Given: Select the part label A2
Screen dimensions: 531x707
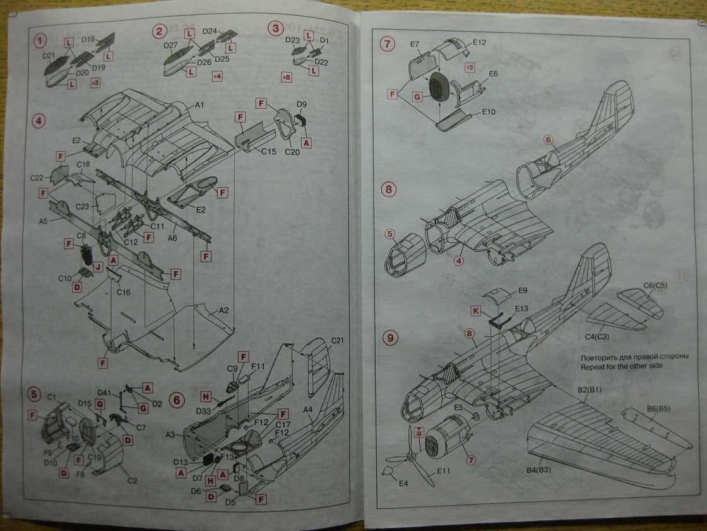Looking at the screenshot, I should (x=225, y=311).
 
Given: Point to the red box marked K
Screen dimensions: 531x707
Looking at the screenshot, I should (x=476, y=310).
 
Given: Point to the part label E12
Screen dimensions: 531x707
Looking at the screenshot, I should (x=478, y=42).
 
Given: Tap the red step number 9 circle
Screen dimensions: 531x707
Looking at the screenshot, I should (x=390, y=338).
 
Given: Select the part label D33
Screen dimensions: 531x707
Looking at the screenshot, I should (x=204, y=410).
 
